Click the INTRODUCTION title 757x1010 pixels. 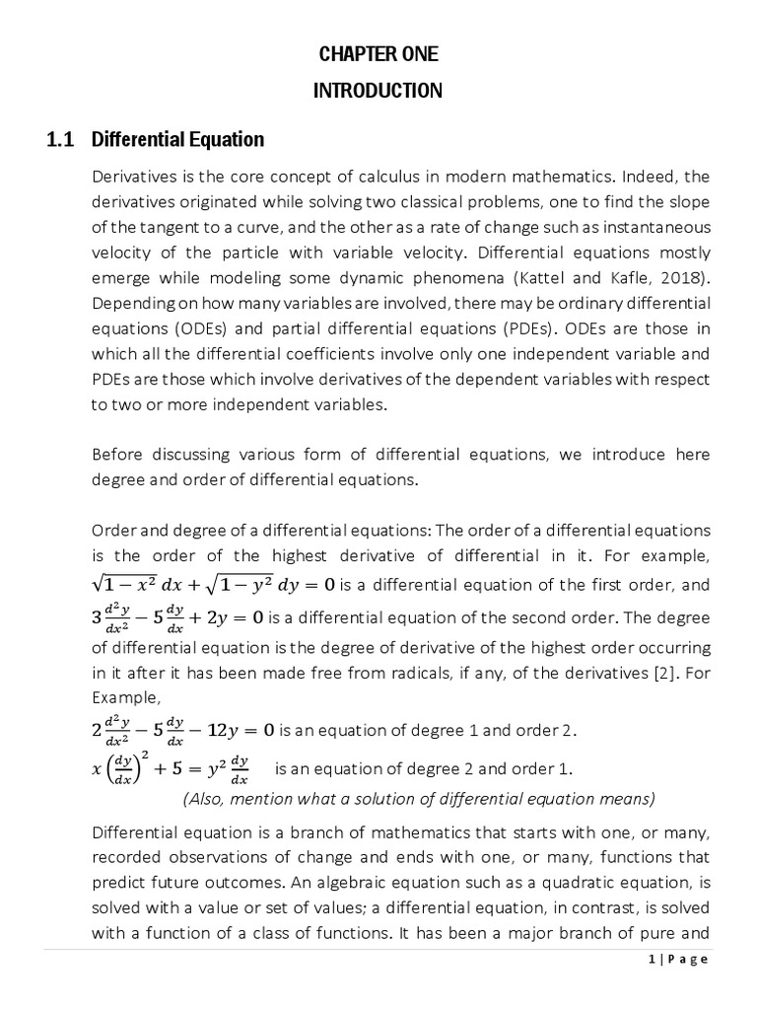point(378,91)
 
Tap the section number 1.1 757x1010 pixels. point(61,139)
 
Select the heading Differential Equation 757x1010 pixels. point(177,139)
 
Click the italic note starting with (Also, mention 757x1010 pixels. point(419,798)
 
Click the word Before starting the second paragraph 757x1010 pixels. point(116,454)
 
